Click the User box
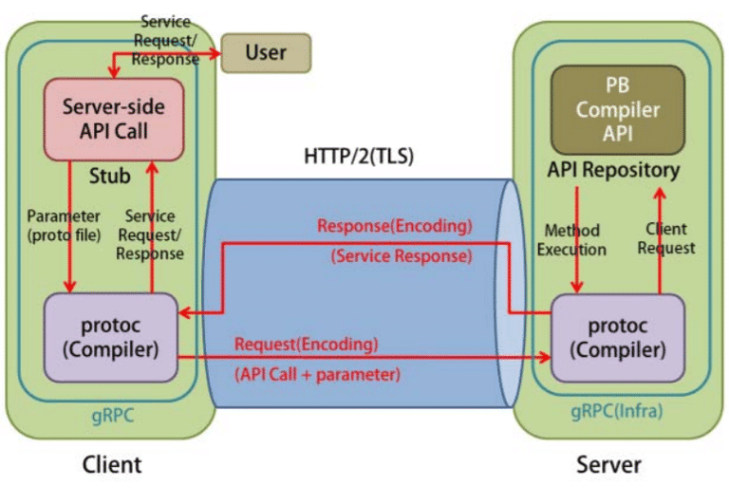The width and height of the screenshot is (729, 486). [266, 53]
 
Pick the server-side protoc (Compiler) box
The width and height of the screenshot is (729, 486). [618, 338]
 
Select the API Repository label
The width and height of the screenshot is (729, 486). [613, 171]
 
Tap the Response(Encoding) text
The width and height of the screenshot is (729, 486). [394, 227]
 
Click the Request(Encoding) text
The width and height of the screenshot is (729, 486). [307, 344]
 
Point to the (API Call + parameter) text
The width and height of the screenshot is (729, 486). [317, 374]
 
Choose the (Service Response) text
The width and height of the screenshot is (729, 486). [401, 256]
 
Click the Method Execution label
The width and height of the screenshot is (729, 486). [571, 240]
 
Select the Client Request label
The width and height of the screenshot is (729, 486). [666, 238]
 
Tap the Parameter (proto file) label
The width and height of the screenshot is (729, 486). [64, 224]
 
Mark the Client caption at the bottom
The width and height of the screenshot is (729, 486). [111, 464]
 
